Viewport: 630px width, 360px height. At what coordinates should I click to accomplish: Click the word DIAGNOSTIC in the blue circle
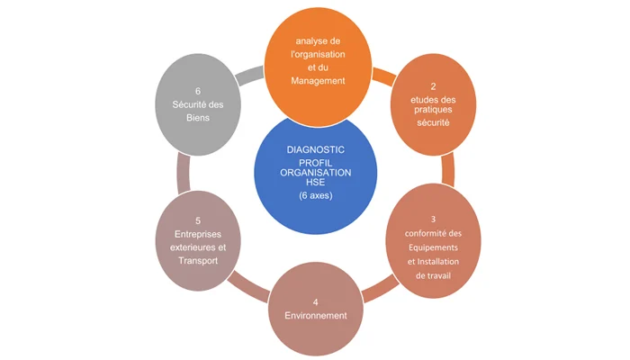click(315, 150)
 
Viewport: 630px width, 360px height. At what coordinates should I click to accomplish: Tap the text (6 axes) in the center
click(315, 195)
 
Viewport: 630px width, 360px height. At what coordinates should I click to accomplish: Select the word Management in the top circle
click(318, 81)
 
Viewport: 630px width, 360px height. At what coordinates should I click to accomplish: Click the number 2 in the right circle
click(433, 86)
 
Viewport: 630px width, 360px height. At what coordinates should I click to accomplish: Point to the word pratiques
click(433, 110)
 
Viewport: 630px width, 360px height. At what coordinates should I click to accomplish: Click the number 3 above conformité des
click(433, 219)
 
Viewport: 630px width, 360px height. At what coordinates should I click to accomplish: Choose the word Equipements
click(433, 247)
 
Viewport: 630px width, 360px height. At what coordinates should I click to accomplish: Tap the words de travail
click(433, 275)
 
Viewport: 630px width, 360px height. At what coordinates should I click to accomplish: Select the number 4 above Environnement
click(315, 302)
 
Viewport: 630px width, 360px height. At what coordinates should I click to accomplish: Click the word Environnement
click(315, 316)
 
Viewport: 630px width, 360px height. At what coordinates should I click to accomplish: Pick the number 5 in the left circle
click(198, 221)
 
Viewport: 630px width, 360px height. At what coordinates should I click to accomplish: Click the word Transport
click(198, 261)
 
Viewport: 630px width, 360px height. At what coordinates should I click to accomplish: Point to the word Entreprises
click(198, 234)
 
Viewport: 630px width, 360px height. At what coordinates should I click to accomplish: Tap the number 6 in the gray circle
click(198, 92)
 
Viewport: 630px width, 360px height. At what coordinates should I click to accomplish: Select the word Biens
click(198, 118)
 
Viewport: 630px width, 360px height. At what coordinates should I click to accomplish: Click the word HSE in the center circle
click(315, 182)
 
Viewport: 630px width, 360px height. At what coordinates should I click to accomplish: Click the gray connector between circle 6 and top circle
click(250, 75)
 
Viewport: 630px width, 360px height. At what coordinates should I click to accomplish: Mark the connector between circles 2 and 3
click(448, 169)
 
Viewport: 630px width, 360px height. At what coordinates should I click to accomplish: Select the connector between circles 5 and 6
click(184, 173)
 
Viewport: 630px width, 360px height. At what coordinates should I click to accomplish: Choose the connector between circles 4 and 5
click(249, 286)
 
